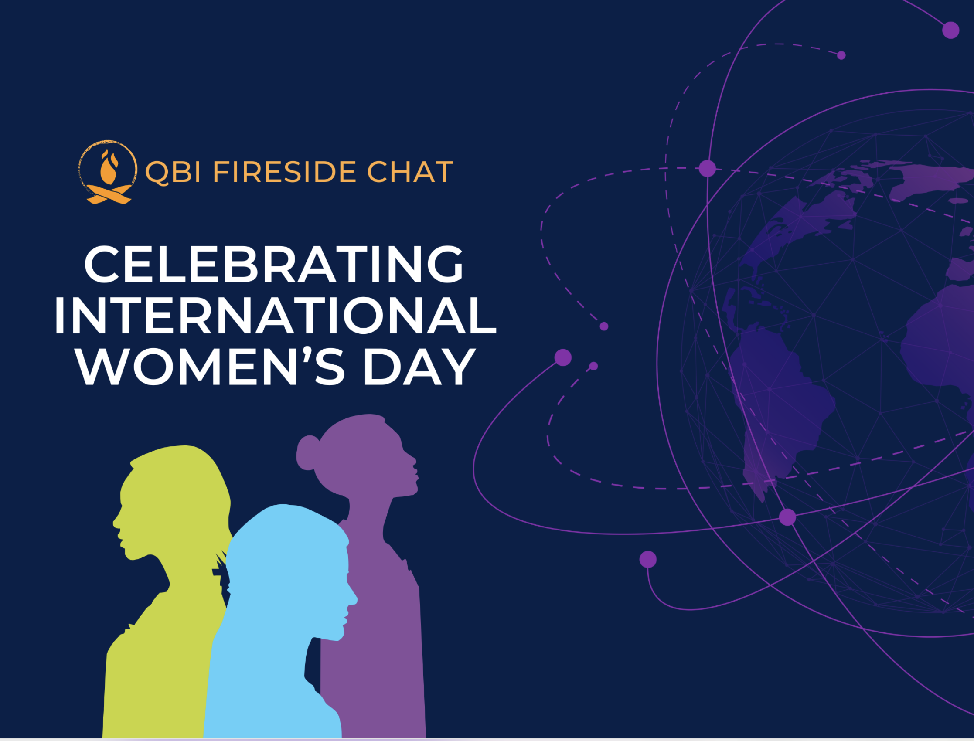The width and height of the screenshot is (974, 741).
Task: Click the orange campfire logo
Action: tap(108, 173)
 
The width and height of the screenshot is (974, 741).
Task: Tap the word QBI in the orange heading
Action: tap(174, 172)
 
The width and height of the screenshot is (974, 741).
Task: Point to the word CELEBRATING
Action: tap(274, 265)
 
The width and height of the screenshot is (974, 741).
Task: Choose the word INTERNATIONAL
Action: tap(275, 316)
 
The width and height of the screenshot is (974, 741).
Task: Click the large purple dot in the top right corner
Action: tap(950, 31)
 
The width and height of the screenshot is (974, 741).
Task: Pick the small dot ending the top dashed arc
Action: tap(841, 55)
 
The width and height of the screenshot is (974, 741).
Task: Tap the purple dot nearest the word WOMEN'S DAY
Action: tap(563, 357)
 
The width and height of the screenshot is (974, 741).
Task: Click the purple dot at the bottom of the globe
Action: tap(787, 517)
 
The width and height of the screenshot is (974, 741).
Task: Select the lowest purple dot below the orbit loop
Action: tap(648, 559)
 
